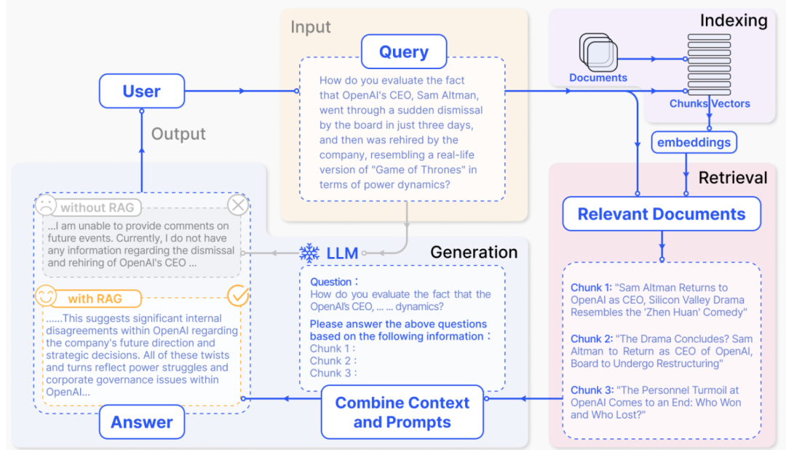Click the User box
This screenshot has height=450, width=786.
click(141, 92)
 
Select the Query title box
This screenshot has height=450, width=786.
click(404, 52)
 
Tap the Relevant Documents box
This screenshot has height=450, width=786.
click(661, 214)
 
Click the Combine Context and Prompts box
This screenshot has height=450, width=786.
click(402, 412)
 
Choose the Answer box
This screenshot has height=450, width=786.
click(142, 422)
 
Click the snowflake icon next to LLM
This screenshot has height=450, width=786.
click(309, 253)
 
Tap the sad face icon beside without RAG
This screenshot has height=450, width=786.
click(45, 207)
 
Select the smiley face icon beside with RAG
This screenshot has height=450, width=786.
click(45, 297)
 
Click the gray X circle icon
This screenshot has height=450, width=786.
click(238, 206)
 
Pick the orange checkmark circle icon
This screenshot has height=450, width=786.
click(238, 296)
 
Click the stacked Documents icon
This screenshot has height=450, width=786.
click(598, 52)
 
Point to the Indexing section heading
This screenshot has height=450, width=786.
click(734, 20)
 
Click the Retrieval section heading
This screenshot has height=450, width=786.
click(733, 178)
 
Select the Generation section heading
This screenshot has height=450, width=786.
click(474, 253)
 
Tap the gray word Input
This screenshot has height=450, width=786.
click(311, 28)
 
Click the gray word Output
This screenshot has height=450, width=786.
click(178, 134)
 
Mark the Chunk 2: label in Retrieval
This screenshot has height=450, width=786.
click(590, 339)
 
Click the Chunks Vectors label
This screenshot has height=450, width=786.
click(710, 103)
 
